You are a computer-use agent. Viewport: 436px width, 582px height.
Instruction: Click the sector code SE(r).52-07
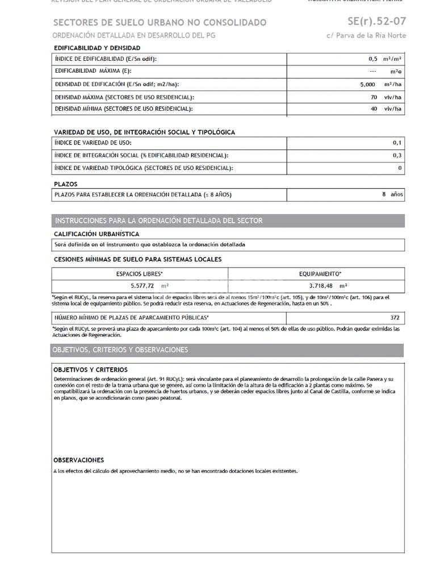click(376, 22)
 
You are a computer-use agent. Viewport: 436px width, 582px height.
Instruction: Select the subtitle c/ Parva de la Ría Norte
click(366, 36)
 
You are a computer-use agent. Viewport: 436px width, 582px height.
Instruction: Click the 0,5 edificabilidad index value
click(372, 59)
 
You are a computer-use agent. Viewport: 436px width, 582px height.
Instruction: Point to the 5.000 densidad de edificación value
click(367, 85)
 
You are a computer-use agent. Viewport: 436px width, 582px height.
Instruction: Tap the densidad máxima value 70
click(374, 97)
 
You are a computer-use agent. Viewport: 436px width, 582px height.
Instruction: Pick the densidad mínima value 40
click(374, 109)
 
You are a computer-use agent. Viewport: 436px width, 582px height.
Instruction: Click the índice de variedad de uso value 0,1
click(397, 143)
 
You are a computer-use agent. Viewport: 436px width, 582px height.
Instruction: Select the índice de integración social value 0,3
click(397, 155)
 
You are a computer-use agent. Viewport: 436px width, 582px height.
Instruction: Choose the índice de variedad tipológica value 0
click(400, 168)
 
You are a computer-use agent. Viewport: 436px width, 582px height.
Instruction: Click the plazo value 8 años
click(392, 194)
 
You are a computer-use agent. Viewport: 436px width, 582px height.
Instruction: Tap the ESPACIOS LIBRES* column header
click(139, 274)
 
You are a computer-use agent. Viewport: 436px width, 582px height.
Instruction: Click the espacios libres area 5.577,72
click(142, 286)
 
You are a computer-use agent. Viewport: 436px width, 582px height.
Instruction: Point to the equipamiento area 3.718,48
click(321, 286)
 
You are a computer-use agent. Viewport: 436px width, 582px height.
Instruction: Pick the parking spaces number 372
click(395, 318)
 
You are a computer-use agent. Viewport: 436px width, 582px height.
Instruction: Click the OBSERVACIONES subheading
click(78, 460)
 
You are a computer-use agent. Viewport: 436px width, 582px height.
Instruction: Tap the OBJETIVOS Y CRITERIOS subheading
click(90, 370)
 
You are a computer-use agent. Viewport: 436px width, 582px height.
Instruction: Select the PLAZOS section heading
click(65, 184)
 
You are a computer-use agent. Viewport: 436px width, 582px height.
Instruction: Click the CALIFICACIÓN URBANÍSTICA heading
click(96, 234)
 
